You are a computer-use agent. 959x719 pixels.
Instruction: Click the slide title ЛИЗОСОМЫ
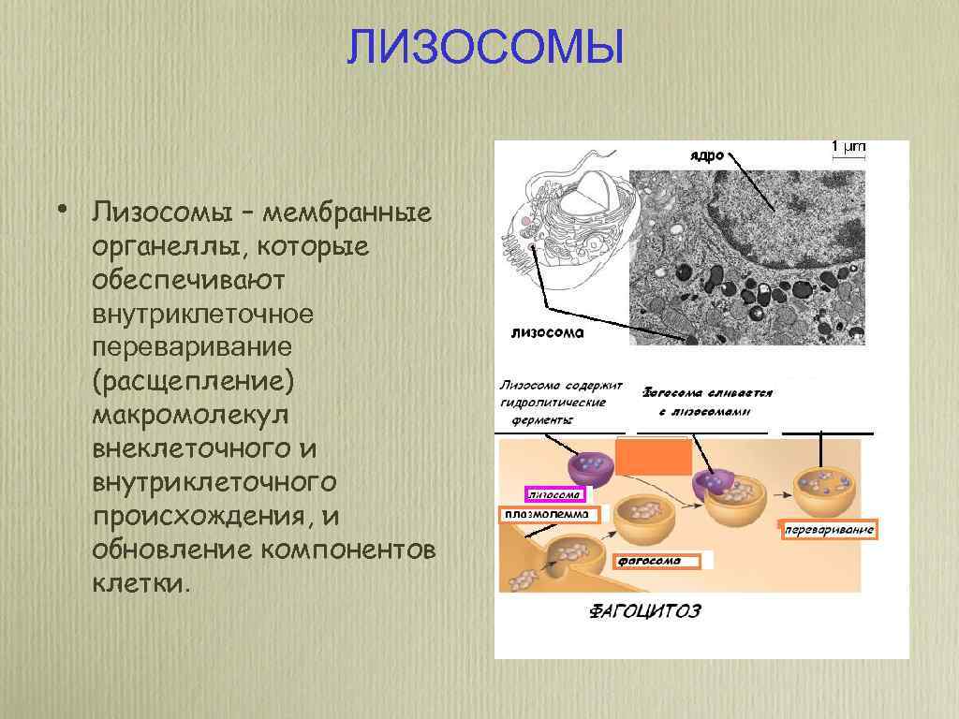point(484,47)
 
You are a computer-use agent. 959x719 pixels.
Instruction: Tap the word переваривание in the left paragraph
point(192,348)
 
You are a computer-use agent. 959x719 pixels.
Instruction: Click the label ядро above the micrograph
point(707,155)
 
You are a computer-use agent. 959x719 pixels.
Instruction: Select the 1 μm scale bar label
point(848,147)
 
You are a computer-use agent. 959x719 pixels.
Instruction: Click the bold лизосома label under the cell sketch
point(548,331)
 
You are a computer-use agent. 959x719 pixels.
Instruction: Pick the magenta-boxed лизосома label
point(555,494)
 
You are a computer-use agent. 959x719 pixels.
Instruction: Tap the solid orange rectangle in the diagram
point(660,458)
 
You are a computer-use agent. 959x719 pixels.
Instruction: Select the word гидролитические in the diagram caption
point(553,403)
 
